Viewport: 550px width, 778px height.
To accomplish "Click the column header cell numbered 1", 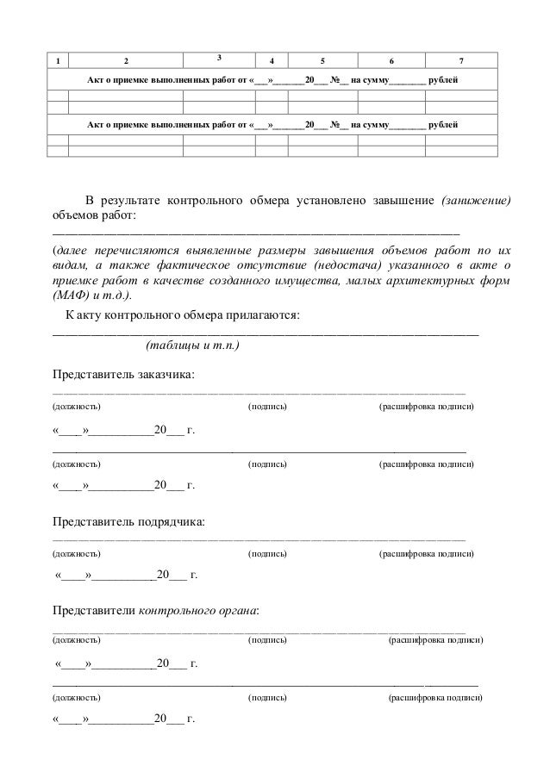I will pos(58,60).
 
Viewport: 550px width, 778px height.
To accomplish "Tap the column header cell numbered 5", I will pos(323,60).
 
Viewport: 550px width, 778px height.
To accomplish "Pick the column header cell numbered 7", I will pos(462,60).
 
